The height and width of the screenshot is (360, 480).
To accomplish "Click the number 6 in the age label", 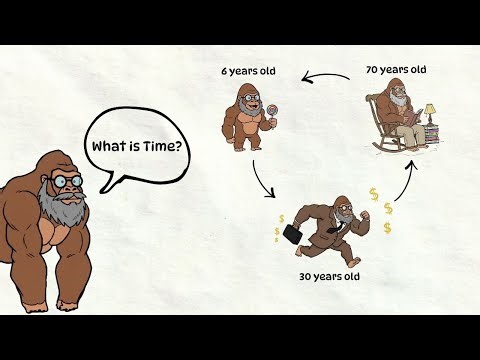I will pyautogui.click(x=226, y=72).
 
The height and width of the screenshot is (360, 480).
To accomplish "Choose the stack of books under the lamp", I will pyautogui.click(x=432, y=131).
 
